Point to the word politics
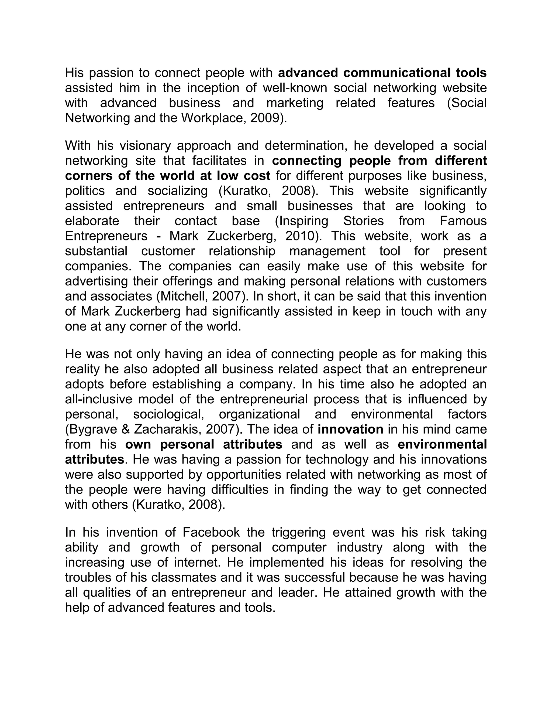click(x=85, y=190)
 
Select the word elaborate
click(x=92, y=221)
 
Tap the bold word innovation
click(x=350, y=429)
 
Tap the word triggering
click(x=298, y=532)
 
